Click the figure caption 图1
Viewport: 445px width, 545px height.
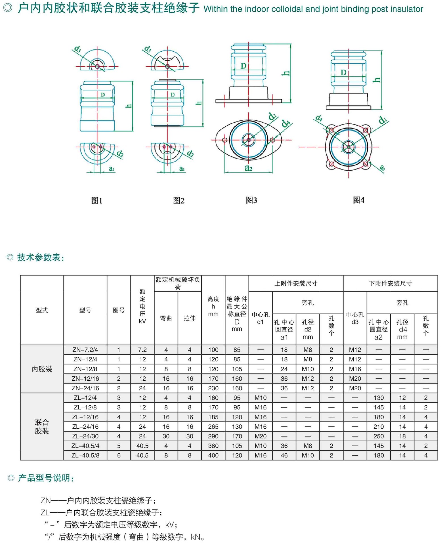(x=97, y=200)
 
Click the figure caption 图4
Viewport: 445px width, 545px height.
(x=358, y=200)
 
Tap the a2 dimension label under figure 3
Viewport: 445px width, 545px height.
(x=248, y=168)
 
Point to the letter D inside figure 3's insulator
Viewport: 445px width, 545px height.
(x=244, y=66)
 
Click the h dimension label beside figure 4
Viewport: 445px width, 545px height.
(x=378, y=80)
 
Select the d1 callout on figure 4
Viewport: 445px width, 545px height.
(x=383, y=120)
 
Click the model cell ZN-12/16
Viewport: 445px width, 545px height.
(x=85, y=378)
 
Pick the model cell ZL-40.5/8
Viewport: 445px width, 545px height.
(x=85, y=455)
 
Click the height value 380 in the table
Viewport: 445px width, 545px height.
(x=213, y=446)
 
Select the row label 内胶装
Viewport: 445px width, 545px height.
(x=42, y=369)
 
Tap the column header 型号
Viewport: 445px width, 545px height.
(x=85, y=310)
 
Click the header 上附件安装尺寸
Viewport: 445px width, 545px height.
(x=296, y=283)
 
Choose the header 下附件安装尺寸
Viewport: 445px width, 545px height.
(x=390, y=283)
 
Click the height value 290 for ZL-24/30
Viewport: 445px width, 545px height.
(x=213, y=436)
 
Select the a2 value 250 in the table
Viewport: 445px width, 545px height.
(x=379, y=436)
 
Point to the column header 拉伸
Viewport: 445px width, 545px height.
(x=190, y=318)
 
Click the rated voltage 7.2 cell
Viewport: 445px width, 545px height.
(x=142, y=350)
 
